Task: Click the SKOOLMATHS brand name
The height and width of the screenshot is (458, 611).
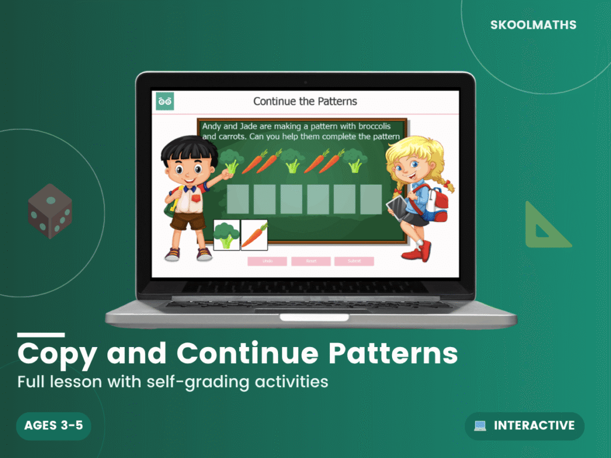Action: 533,25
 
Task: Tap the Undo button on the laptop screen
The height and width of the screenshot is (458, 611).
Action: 267,261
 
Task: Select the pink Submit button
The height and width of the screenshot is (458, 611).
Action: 354,261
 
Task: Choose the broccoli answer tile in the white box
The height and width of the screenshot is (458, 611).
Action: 226,234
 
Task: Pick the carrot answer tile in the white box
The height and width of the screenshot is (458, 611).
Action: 254,234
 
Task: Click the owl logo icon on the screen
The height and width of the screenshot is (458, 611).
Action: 165,101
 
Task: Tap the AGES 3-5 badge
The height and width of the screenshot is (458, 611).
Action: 54,426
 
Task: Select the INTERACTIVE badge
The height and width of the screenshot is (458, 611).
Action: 524,426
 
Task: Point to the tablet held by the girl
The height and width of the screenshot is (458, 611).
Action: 397,206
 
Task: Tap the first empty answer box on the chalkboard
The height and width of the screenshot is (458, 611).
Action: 238,199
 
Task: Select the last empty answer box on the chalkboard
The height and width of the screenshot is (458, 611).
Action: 371,199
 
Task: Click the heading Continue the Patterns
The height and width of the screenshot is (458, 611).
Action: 305,101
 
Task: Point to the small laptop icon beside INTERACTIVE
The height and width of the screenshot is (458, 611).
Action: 480,426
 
